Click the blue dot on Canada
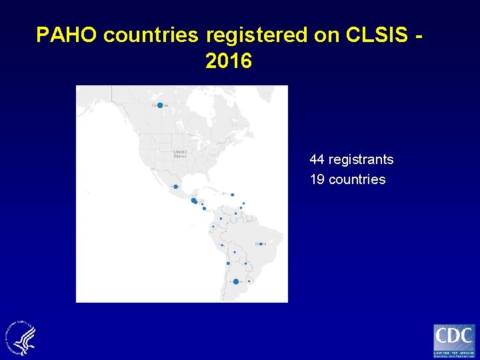[160, 105]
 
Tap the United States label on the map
[180, 153]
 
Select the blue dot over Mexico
[175, 187]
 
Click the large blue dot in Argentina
[236, 281]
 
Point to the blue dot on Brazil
[261, 244]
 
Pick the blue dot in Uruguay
[249, 281]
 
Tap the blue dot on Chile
[228, 263]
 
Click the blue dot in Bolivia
[235, 252]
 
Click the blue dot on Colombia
[221, 218]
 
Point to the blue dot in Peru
[222, 245]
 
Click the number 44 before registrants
[317, 160]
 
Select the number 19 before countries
[317, 179]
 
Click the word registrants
[361, 160]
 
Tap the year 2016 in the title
[229, 61]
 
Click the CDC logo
[454, 341]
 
